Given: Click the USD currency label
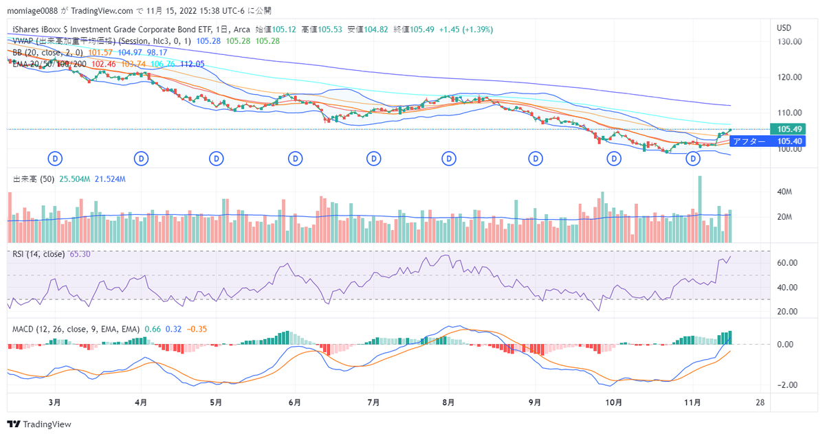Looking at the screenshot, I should click(x=784, y=27).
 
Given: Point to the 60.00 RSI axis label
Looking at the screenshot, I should click(x=786, y=263).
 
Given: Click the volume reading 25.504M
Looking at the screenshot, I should click(x=75, y=179).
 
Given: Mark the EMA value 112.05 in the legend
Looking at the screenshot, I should click(x=192, y=64).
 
